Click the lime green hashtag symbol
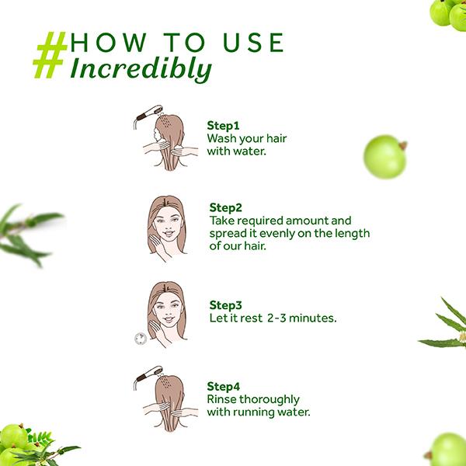(50, 55)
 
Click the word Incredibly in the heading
(141, 70)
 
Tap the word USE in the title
(254, 43)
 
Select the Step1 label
(223, 126)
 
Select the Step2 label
(225, 207)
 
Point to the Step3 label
(225, 305)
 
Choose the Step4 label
(223, 387)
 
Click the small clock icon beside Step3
(141, 339)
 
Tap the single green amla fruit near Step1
(385, 157)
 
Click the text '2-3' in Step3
(276, 318)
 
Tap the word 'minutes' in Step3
(313, 318)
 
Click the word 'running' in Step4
(253, 413)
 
